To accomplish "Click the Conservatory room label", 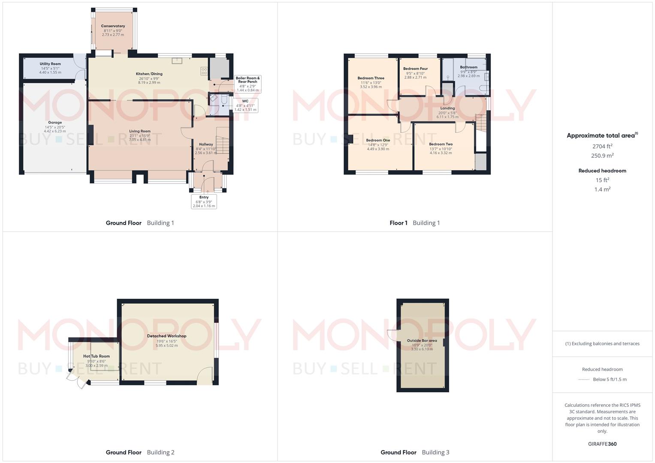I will [113, 26].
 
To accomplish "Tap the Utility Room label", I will [50, 64].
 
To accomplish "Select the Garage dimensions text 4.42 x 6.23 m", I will [55, 131].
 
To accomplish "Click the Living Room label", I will [140, 131].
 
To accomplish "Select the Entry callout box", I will [204, 201].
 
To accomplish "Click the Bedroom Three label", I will [371, 78].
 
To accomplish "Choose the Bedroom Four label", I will [415, 69].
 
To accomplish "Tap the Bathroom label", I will [468, 67].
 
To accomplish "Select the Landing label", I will [447, 108].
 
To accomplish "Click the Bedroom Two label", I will [441, 144].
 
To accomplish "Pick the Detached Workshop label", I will [166, 336].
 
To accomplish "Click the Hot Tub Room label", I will [97, 356].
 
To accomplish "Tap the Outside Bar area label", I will [422, 341].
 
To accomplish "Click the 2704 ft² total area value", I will [602, 146].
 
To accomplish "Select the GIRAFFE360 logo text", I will [602, 444].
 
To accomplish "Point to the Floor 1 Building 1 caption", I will [414, 223].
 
